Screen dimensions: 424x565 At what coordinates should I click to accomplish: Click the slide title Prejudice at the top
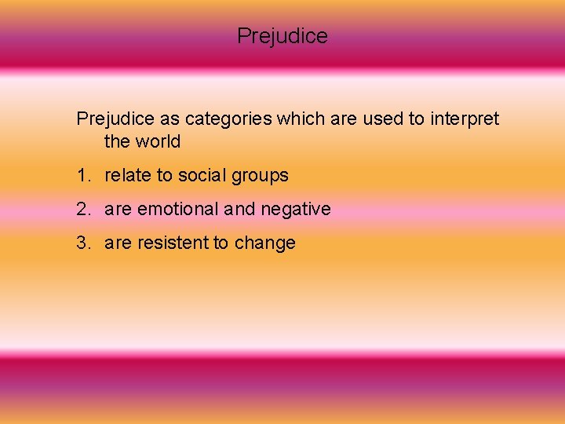click(282, 36)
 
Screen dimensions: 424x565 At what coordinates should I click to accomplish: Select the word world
click(158, 142)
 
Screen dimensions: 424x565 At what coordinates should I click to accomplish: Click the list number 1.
click(82, 176)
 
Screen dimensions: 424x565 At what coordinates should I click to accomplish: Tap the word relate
click(128, 176)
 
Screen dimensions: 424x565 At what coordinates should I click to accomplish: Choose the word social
click(202, 176)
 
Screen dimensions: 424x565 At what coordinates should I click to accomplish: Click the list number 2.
click(82, 210)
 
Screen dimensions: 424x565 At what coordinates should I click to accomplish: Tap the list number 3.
click(82, 243)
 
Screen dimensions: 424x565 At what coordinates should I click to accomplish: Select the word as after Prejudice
click(168, 119)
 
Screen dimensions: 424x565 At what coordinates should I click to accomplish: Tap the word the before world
click(117, 142)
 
